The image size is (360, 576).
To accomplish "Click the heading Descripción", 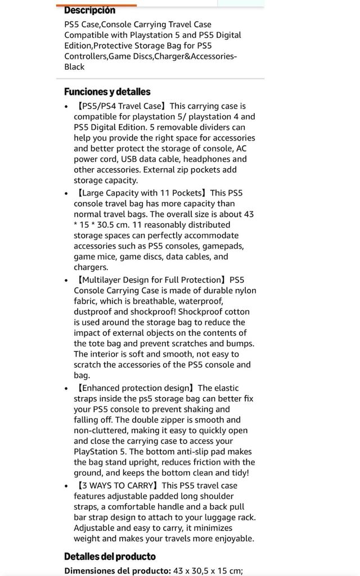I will click(x=89, y=10).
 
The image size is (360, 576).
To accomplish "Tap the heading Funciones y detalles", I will click(x=107, y=92).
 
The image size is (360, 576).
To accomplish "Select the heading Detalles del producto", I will click(x=110, y=556).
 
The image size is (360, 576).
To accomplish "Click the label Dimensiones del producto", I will click(x=117, y=570).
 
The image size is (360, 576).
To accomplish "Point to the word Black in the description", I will click(x=74, y=67).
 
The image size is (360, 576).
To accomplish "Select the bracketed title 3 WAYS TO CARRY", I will click(x=118, y=485).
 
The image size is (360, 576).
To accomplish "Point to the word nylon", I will click(x=244, y=290).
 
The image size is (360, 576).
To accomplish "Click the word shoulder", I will click(x=204, y=496).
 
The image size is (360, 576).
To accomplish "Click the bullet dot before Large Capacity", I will click(x=67, y=193).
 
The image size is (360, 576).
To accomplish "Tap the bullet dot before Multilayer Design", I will click(x=67, y=280).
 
